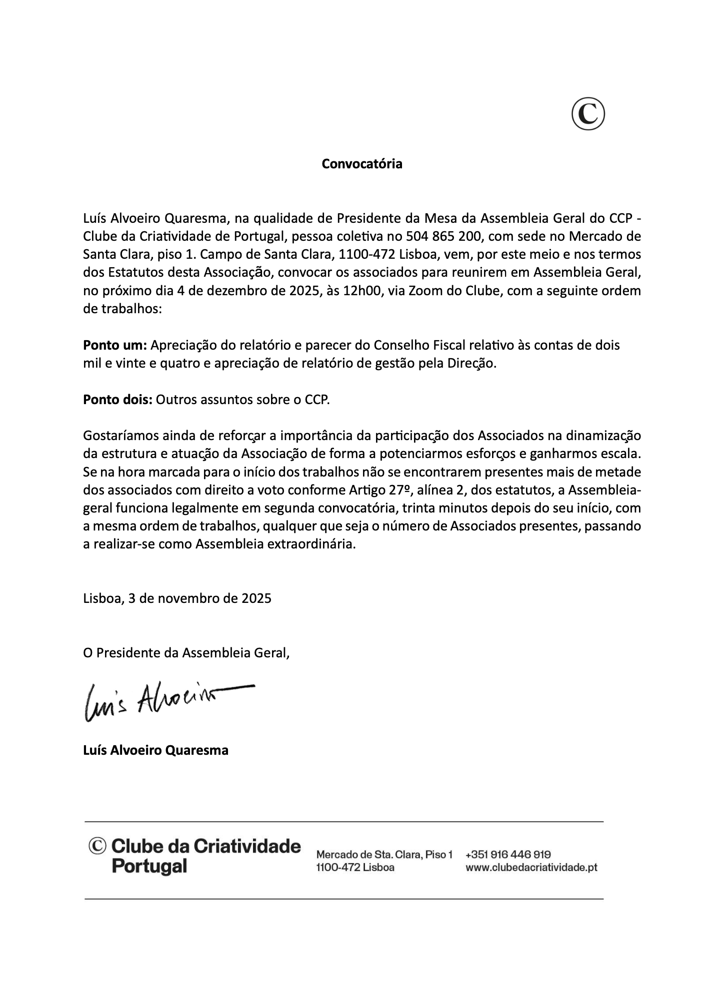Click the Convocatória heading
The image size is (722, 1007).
click(x=361, y=164)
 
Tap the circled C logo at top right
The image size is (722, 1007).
click(x=588, y=114)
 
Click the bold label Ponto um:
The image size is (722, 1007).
click(x=114, y=345)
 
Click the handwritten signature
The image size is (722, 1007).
click(x=167, y=701)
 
